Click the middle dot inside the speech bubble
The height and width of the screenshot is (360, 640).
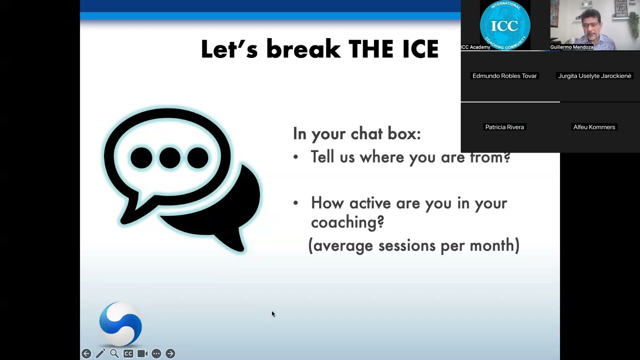[x=169, y=158]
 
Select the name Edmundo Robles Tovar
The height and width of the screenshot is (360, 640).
[x=504, y=76]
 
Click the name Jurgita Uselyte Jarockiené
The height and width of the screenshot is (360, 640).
[x=594, y=76]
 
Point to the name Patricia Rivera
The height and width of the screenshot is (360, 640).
[x=504, y=127]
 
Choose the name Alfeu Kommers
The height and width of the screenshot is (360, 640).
[x=594, y=127]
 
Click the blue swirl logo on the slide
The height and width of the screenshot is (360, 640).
[x=120, y=323]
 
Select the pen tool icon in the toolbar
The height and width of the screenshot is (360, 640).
[x=100, y=353]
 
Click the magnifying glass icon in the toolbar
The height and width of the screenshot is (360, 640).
[x=114, y=353]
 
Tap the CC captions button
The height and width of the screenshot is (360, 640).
[x=128, y=353]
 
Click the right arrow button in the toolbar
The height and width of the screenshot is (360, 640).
[x=170, y=353]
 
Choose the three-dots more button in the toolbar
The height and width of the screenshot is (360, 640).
[x=156, y=353]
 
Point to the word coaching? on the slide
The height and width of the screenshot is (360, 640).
[x=347, y=222]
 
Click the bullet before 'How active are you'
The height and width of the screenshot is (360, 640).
[x=295, y=203]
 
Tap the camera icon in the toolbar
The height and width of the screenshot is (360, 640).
[x=142, y=353]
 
